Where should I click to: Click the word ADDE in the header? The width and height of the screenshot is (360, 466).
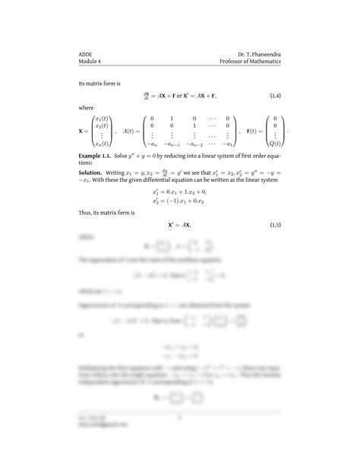pyautogui.click(x=85, y=54)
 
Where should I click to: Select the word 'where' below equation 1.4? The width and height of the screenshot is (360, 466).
pyautogui.click(x=87, y=108)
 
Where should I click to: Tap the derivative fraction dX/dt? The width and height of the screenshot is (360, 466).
pyautogui.click(x=147, y=95)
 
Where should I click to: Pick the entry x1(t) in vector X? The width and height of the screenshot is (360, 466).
pyautogui.click(x=102, y=120)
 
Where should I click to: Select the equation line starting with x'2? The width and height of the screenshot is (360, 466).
pyautogui.click(x=180, y=202)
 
